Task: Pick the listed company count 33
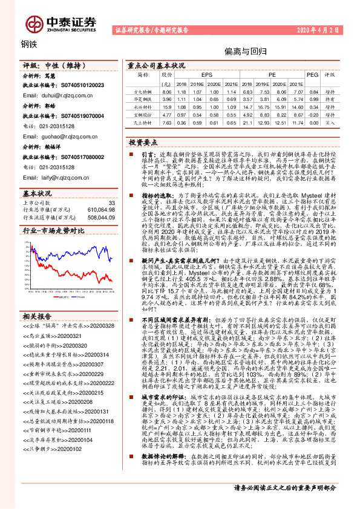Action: click(111, 202)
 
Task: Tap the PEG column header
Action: click(313, 74)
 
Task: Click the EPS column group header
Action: click(198, 74)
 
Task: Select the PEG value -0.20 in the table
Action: click(313, 113)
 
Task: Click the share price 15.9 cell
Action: click(168, 105)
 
